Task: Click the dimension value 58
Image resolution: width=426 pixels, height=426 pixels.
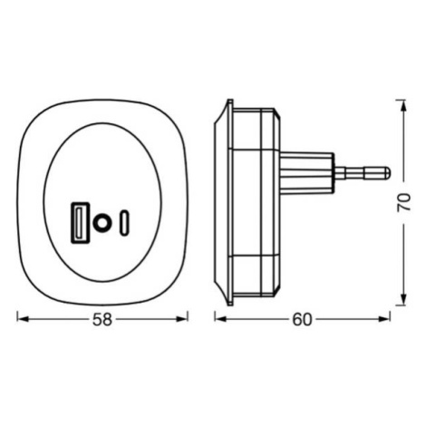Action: click(102, 320)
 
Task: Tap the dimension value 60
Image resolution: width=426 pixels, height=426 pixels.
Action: click(302, 320)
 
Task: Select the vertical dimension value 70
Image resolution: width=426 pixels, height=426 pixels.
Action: click(404, 202)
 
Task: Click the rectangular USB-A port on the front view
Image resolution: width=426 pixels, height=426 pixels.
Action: click(80, 222)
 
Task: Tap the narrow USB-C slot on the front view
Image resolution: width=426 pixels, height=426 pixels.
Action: click(124, 224)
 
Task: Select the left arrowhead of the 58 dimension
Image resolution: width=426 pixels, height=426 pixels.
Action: click(23, 319)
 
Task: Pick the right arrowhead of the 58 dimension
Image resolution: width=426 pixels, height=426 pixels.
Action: click(182, 319)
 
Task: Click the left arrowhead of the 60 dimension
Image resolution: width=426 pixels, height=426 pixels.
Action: click(220, 319)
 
